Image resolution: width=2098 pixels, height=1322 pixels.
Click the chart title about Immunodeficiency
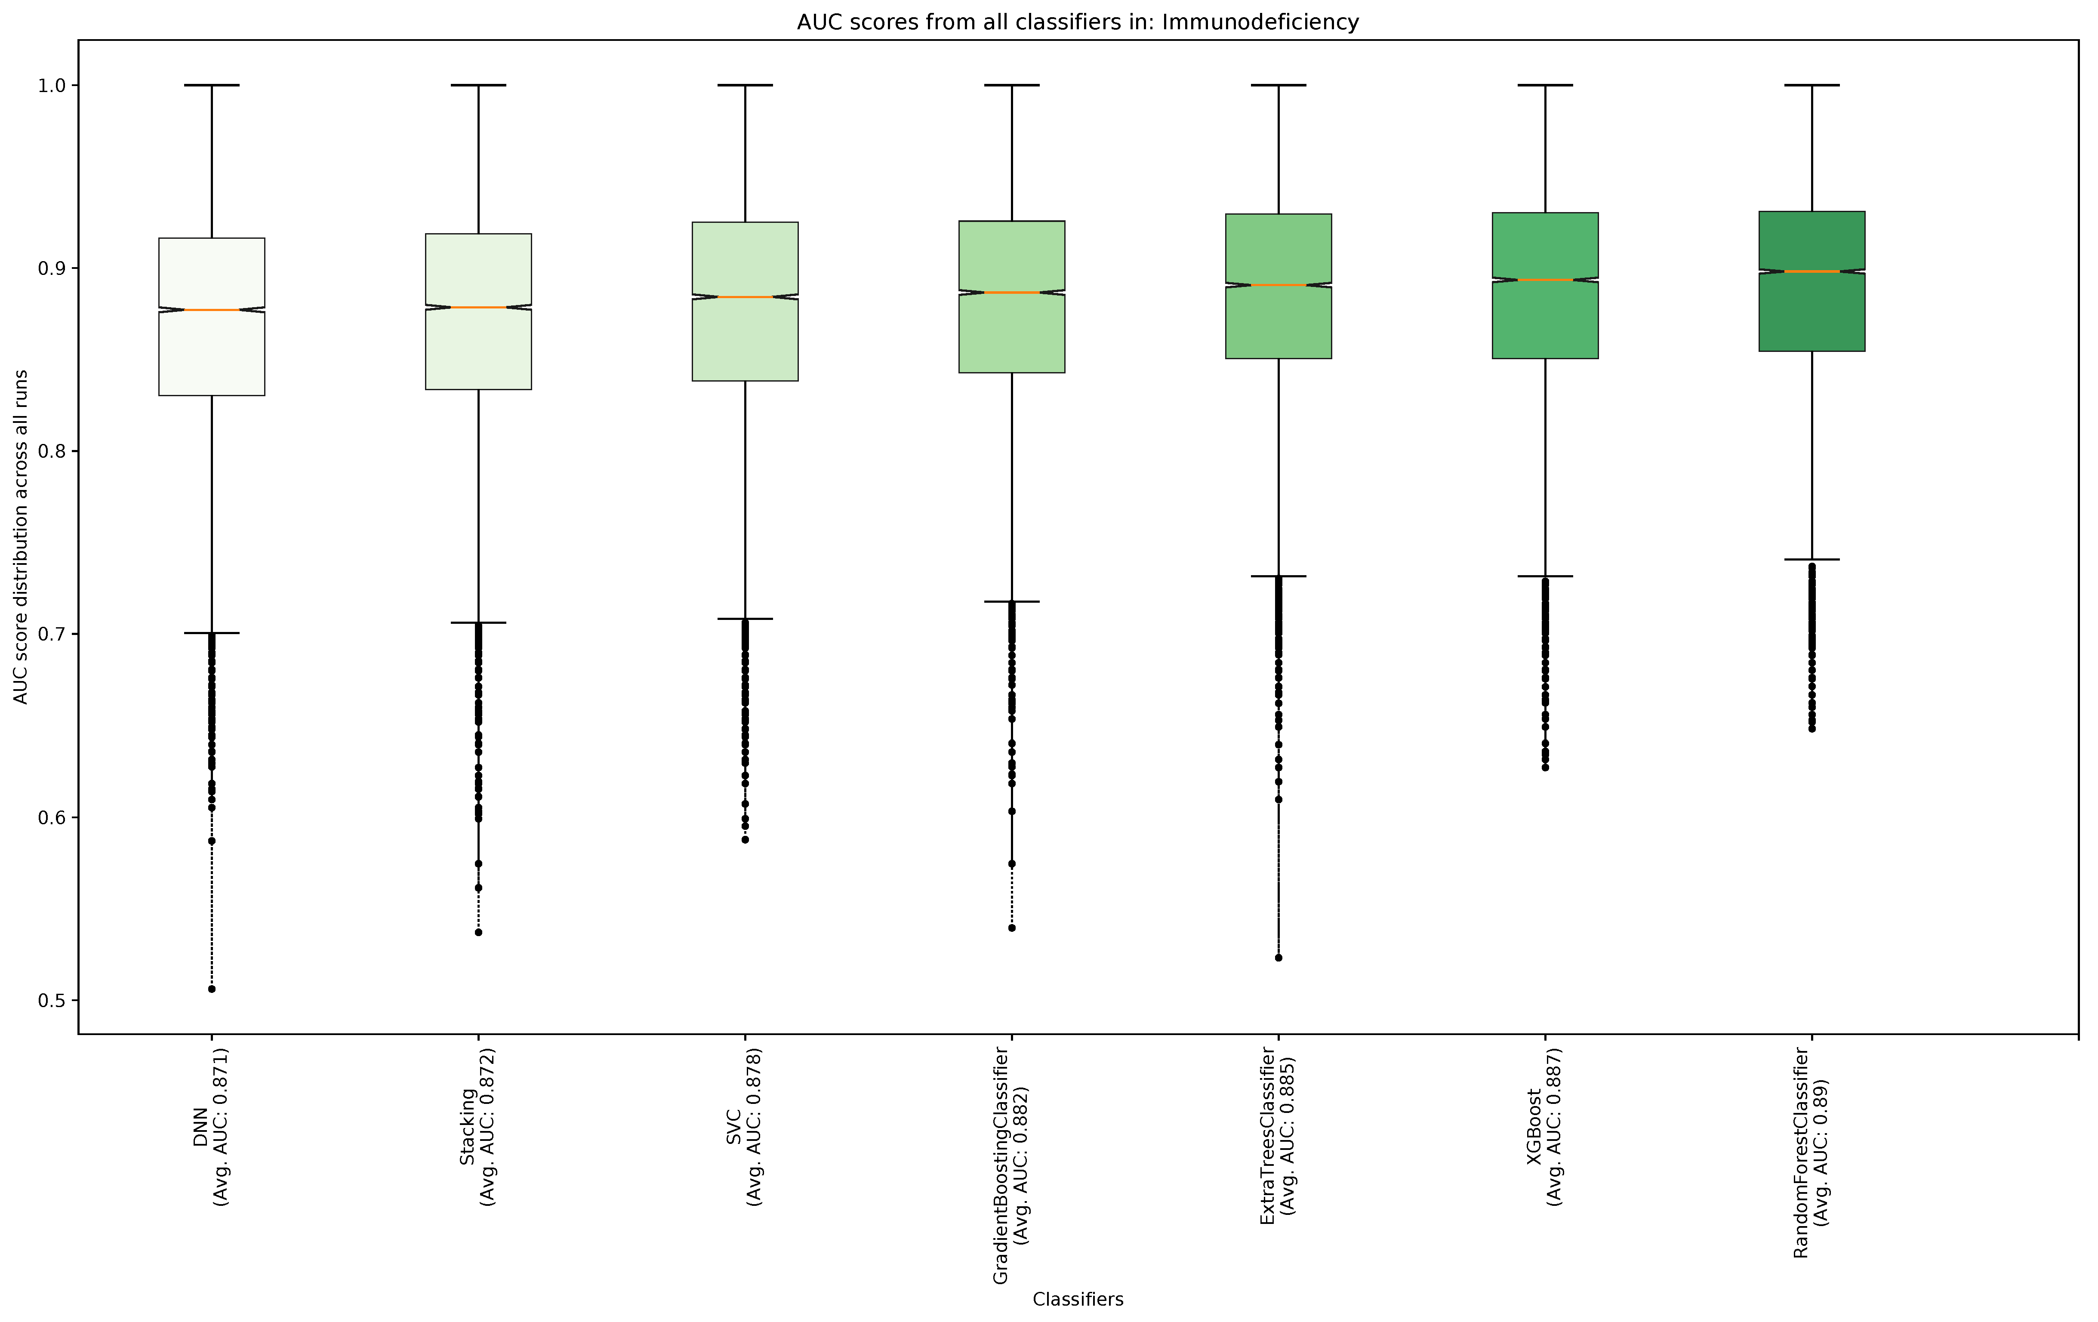(1078, 22)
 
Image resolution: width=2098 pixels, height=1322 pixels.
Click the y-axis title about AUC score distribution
(21, 537)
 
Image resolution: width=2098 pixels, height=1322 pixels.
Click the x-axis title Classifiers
(1078, 1299)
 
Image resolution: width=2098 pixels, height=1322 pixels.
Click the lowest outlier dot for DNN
(212, 989)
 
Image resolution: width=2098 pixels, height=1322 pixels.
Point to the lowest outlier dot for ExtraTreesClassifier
(1278, 958)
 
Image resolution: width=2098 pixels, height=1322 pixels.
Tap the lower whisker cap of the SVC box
(745, 619)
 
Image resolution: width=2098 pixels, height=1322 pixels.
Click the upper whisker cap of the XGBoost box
(1545, 86)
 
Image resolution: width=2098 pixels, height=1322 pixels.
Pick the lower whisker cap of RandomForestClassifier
(1811, 560)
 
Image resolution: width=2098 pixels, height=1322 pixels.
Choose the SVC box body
(745, 340)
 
